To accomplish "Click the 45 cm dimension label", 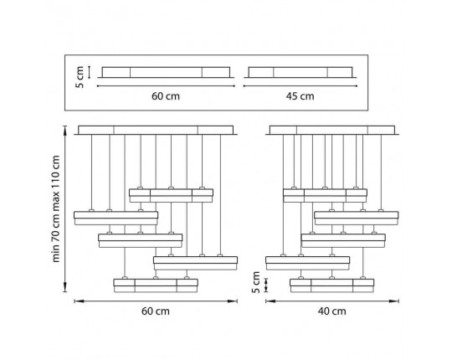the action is [x=300, y=96].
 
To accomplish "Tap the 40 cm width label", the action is [x=331, y=311].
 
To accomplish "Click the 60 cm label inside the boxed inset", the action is [x=166, y=96].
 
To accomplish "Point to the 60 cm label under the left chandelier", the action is [x=156, y=311].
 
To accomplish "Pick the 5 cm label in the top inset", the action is [x=80, y=77].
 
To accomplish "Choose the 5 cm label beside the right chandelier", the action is [x=255, y=282].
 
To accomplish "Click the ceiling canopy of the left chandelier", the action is [x=156, y=130].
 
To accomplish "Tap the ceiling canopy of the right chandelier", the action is [x=332, y=130].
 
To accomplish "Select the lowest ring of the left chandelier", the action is [x=156, y=285].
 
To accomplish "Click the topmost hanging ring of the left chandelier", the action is [x=172, y=195].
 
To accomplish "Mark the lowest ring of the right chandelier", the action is [x=332, y=285].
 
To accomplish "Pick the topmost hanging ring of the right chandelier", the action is [x=325, y=195].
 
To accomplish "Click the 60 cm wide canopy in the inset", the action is [x=166, y=72].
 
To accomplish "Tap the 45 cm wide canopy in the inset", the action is [x=300, y=72].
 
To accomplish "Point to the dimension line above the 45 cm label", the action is [x=300, y=86].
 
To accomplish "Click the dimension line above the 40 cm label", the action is [x=332, y=301].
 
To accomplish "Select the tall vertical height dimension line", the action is [x=65, y=209].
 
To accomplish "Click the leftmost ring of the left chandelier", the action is [x=116, y=218].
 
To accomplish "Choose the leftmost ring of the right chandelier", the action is [x=307, y=263].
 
